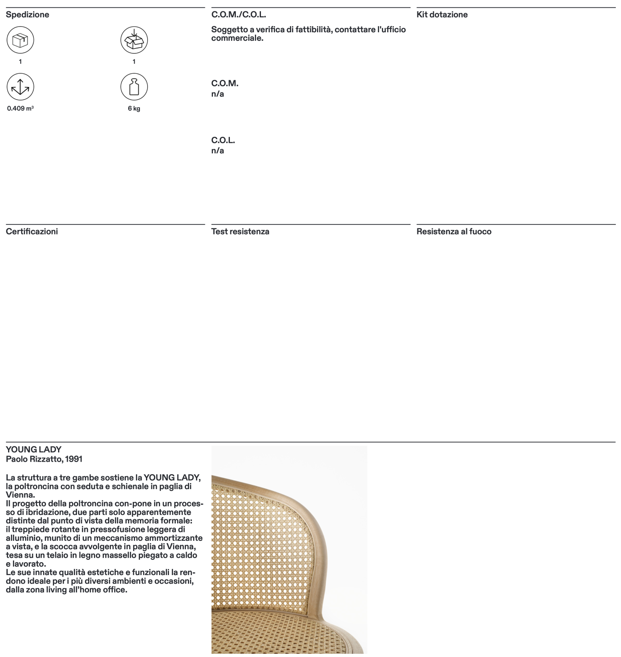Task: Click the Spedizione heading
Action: click(x=27, y=15)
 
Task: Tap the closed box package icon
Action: click(x=20, y=40)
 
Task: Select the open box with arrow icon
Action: click(x=134, y=40)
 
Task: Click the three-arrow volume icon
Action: click(x=20, y=87)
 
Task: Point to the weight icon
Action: click(x=134, y=87)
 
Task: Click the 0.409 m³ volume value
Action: click(x=20, y=109)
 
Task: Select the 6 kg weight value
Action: click(x=134, y=109)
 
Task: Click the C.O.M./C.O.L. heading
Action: click(x=238, y=15)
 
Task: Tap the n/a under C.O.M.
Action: click(x=217, y=94)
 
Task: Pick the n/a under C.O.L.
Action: click(x=217, y=151)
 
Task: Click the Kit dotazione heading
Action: click(x=442, y=15)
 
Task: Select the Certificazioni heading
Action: click(x=32, y=232)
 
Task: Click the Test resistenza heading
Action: click(x=240, y=232)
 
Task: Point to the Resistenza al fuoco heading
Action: click(x=454, y=232)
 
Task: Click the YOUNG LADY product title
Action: click(x=33, y=450)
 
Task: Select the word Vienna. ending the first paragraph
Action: click(x=20, y=495)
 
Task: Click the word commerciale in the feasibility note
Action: click(x=237, y=38)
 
